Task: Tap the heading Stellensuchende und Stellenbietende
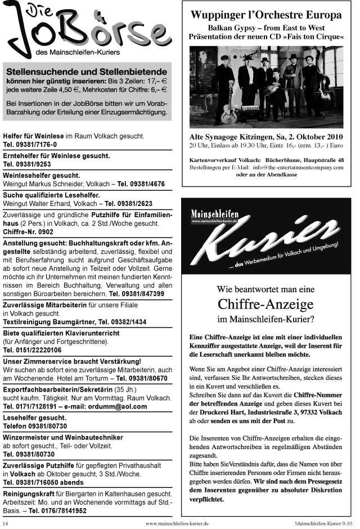87,71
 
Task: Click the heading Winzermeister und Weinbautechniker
63,437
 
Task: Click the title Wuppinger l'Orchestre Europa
266,15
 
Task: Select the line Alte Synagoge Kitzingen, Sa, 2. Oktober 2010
266,137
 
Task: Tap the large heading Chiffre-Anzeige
265,304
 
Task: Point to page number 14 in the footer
6,523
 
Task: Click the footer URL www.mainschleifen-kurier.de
177,523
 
